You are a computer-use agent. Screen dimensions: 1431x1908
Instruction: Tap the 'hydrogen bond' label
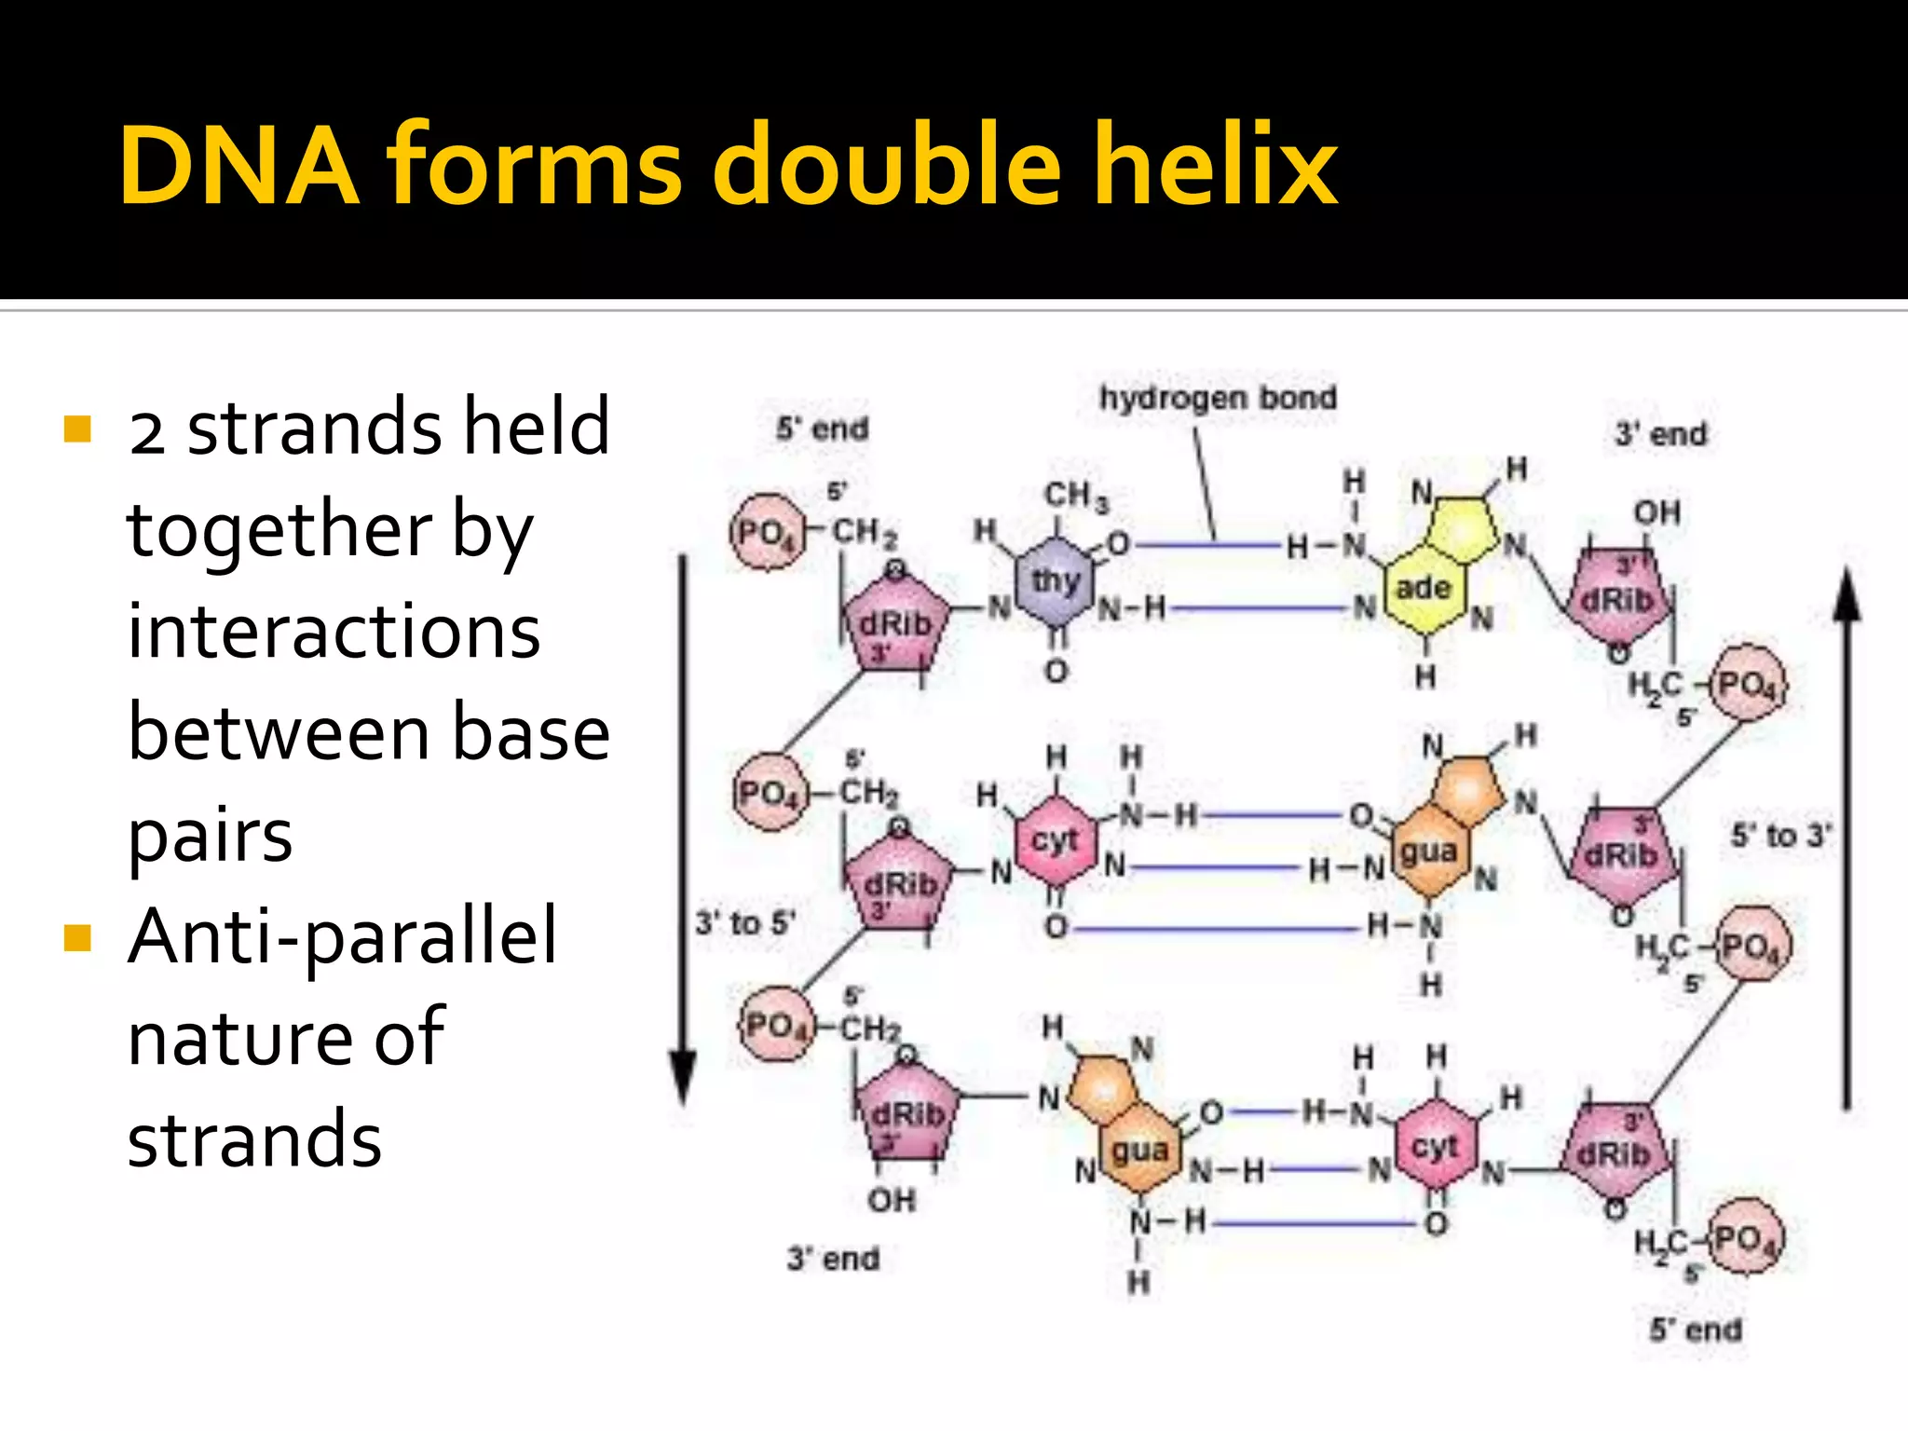coord(1218,399)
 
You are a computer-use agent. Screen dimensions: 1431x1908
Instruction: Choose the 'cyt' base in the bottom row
coord(1435,1147)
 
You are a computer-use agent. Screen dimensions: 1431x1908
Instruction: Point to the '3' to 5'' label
coord(744,923)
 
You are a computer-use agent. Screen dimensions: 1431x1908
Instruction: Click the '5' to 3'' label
coord(1780,836)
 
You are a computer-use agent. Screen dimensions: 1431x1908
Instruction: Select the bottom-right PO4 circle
coord(1749,1239)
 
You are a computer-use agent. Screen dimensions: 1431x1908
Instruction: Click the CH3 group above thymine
coord(1076,496)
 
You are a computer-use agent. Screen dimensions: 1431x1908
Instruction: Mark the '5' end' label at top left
coord(822,429)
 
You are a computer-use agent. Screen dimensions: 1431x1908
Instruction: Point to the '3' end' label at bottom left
coord(833,1259)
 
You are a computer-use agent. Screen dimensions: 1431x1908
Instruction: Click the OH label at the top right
coord(1657,512)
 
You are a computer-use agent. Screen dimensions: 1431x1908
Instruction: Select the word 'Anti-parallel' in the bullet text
coord(342,936)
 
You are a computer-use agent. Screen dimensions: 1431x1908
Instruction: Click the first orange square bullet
coord(78,429)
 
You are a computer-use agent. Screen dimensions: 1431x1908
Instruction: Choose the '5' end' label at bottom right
coord(1696,1329)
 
